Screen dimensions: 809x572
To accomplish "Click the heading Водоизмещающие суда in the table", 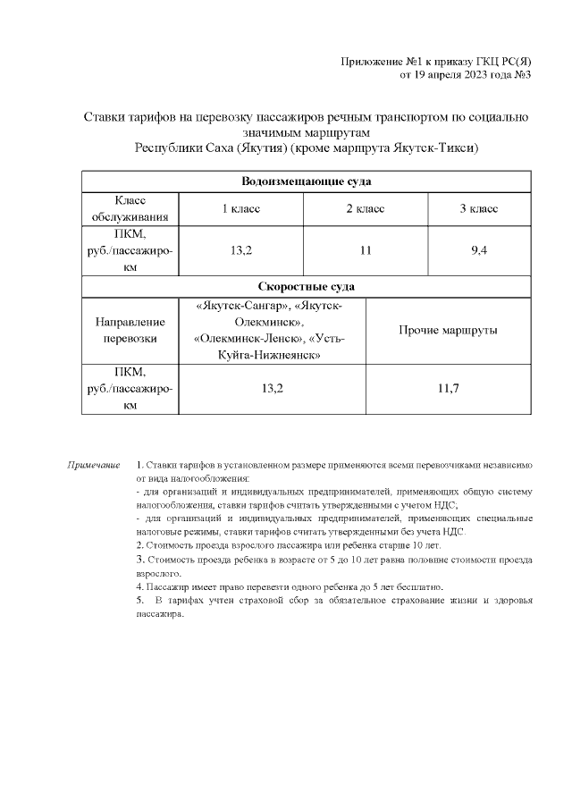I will coord(307,181).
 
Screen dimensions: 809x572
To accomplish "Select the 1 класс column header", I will coord(240,208).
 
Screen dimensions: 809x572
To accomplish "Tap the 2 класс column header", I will coord(365,208).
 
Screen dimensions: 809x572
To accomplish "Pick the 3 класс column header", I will coord(478,208).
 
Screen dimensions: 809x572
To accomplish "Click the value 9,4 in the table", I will coord(478,250).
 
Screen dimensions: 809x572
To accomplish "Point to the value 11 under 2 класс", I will coord(365,250).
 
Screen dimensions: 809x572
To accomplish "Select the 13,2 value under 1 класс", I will coord(240,250).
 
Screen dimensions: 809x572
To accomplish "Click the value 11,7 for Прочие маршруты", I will coord(448,389).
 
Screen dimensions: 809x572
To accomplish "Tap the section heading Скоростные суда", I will coord(307,286).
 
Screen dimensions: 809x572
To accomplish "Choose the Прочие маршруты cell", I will coord(448,330).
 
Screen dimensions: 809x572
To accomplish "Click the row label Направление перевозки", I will coord(130,330).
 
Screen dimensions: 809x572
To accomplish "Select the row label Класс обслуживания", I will coord(130,208).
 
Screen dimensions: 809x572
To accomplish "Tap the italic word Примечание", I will coord(94,466).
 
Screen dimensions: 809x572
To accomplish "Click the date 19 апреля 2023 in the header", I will coord(452,74).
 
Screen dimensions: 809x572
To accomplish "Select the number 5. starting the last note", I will coord(139,599).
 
